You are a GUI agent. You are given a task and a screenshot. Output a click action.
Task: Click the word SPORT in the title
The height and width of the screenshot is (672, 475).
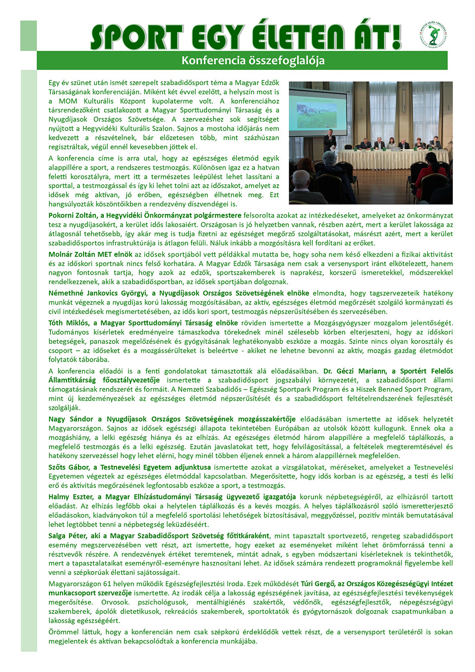coord(137,37)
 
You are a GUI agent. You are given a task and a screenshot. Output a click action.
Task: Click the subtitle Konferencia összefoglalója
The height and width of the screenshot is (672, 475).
coord(253,61)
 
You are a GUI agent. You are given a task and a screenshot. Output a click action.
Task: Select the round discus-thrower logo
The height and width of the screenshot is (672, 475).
coord(433,36)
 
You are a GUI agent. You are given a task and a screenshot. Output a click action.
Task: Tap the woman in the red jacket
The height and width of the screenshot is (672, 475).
coord(392,144)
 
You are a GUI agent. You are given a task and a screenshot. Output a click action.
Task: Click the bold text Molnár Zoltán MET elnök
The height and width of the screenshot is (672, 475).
coord(90,254)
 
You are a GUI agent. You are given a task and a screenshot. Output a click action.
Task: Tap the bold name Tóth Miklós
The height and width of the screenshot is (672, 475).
coord(69,323)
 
